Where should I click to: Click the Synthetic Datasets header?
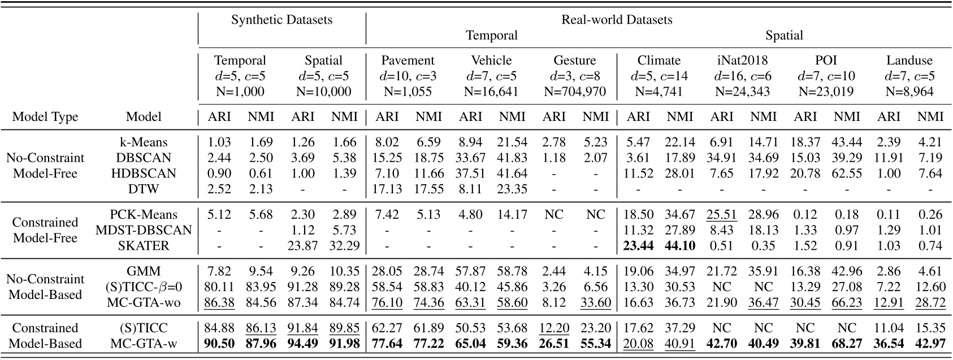[x=281, y=20]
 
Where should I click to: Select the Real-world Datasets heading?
[x=617, y=20]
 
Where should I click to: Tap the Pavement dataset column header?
[x=408, y=60]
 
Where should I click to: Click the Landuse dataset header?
[x=909, y=60]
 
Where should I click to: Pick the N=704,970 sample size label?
[x=574, y=91]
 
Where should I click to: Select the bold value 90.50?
[x=219, y=344]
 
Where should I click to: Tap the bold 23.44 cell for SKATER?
[x=638, y=245]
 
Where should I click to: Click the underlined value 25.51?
[x=722, y=215]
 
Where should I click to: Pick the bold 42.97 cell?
[x=930, y=344]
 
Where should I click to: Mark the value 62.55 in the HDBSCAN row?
[x=846, y=173]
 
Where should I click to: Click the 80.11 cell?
[x=219, y=287]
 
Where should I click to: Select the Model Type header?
[x=45, y=117]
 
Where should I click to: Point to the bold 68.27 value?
[x=846, y=344]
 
